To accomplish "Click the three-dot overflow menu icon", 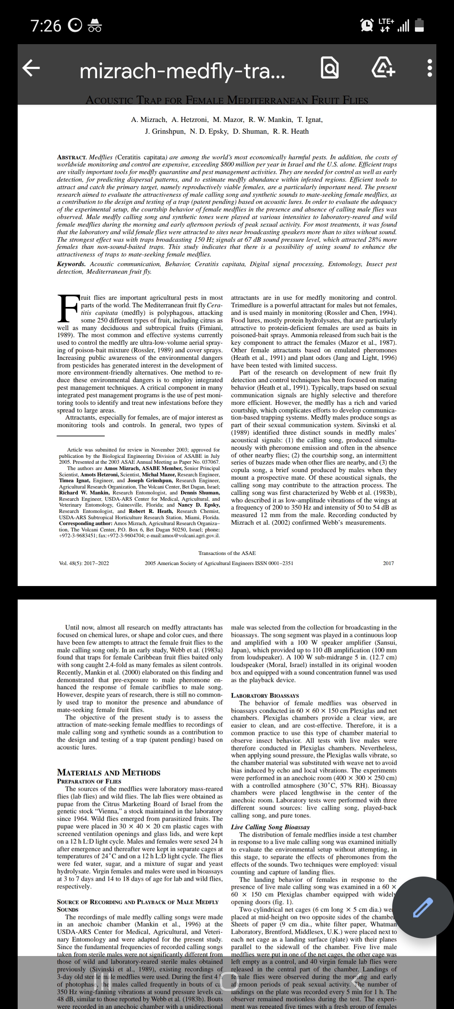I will tap(429, 68).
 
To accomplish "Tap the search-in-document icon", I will tap(330, 68).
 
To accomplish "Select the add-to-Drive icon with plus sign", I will tap(383, 68).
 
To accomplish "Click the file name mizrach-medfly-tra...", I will tap(182, 71).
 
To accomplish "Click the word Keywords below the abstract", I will tap(71, 264).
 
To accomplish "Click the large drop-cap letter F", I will tap(68, 309).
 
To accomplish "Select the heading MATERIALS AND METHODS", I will tap(108, 773).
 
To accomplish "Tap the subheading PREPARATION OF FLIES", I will tap(89, 781).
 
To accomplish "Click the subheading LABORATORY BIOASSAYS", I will tap(265, 695).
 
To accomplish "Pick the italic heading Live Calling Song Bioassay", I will tap(270, 827).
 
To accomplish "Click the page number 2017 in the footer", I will tap(388, 563).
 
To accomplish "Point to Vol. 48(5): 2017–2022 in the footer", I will tap(84, 563).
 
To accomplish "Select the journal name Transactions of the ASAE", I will tap(227, 553).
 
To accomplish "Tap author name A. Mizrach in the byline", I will tap(149, 119).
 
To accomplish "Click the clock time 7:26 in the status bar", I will tap(46, 26).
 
